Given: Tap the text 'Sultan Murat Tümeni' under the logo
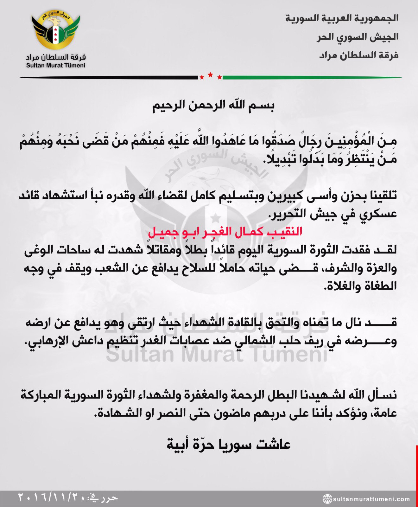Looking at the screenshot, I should (x=56, y=66).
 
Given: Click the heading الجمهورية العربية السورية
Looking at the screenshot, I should (x=342, y=18).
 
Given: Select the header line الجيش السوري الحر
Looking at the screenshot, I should (x=358, y=37).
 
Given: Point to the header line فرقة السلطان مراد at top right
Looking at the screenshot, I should (x=359, y=55).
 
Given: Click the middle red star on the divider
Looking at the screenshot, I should (x=210, y=75).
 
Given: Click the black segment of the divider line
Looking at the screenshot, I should (x=108, y=77).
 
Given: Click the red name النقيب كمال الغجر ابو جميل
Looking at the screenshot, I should (x=225, y=232).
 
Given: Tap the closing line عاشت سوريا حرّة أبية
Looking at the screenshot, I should (x=229, y=444).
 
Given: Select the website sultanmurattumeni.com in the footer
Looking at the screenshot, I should (x=371, y=499).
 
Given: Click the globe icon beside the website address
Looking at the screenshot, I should (x=327, y=499).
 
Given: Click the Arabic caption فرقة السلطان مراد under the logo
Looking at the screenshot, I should (x=56, y=57).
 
